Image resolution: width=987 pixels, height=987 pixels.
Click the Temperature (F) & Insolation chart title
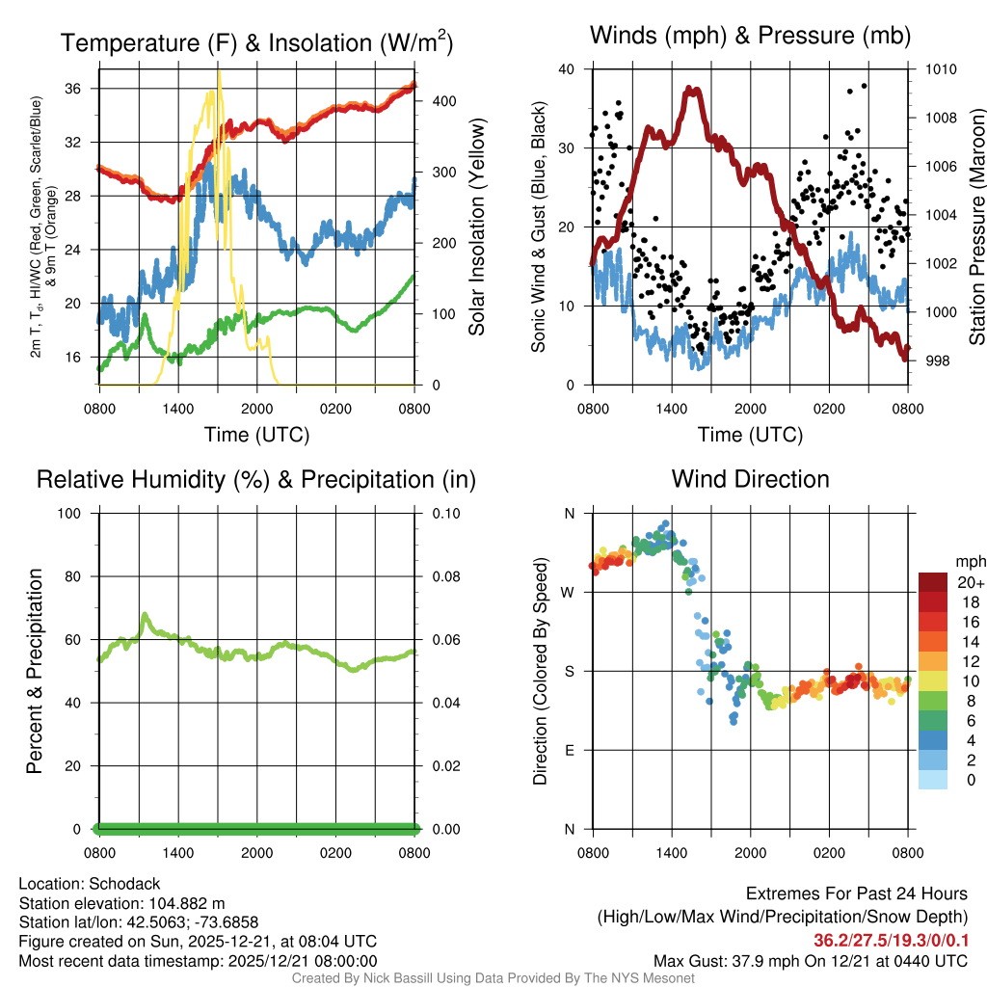(x=256, y=43)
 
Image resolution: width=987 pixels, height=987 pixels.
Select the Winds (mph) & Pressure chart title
(x=750, y=37)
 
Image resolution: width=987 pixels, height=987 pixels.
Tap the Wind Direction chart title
(x=750, y=479)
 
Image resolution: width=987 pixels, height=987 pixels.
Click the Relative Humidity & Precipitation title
(x=256, y=479)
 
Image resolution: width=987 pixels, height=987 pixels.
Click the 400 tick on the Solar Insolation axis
(x=440, y=101)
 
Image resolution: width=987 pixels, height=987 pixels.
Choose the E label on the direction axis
(x=570, y=750)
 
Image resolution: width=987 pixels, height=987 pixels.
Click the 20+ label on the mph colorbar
(x=970, y=582)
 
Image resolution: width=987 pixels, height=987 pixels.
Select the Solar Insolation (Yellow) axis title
(x=477, y=227)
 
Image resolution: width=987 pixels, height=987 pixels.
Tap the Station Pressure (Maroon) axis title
(x=976, y=227)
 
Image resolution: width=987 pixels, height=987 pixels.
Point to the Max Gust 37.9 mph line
(x=810, y=960)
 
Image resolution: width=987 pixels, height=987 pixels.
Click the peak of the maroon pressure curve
(x=691, y=90)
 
